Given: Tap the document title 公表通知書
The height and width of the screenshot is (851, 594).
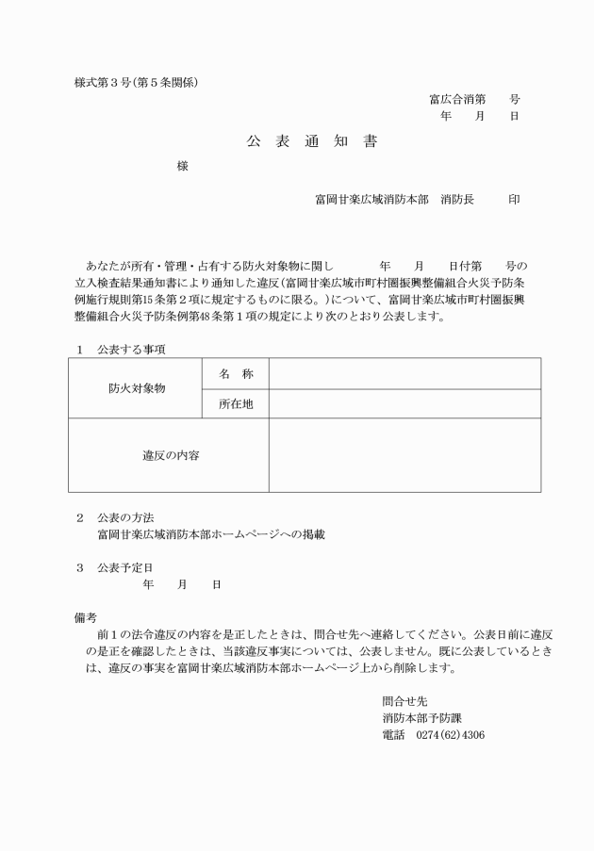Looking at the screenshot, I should coord(312,142).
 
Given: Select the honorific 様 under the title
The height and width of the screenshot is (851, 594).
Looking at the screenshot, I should coord(183,167).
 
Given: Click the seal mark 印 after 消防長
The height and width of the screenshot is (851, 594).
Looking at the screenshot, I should coord(514,200).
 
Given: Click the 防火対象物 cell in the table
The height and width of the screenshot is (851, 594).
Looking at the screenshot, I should coord(137,388).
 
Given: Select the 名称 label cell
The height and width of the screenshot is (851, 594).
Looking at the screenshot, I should coord(236,374).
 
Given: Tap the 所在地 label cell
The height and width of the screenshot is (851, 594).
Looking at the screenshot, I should coord(236,404).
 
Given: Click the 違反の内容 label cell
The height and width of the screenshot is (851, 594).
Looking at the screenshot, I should coord(170,455).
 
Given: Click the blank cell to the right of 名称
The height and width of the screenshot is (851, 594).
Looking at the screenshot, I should coord(404,374).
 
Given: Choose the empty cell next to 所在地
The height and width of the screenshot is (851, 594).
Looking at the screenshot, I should coord(404,404).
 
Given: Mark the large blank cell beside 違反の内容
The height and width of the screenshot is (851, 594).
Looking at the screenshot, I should coord(404,455).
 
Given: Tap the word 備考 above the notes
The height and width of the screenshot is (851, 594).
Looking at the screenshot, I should coord(86,617).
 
